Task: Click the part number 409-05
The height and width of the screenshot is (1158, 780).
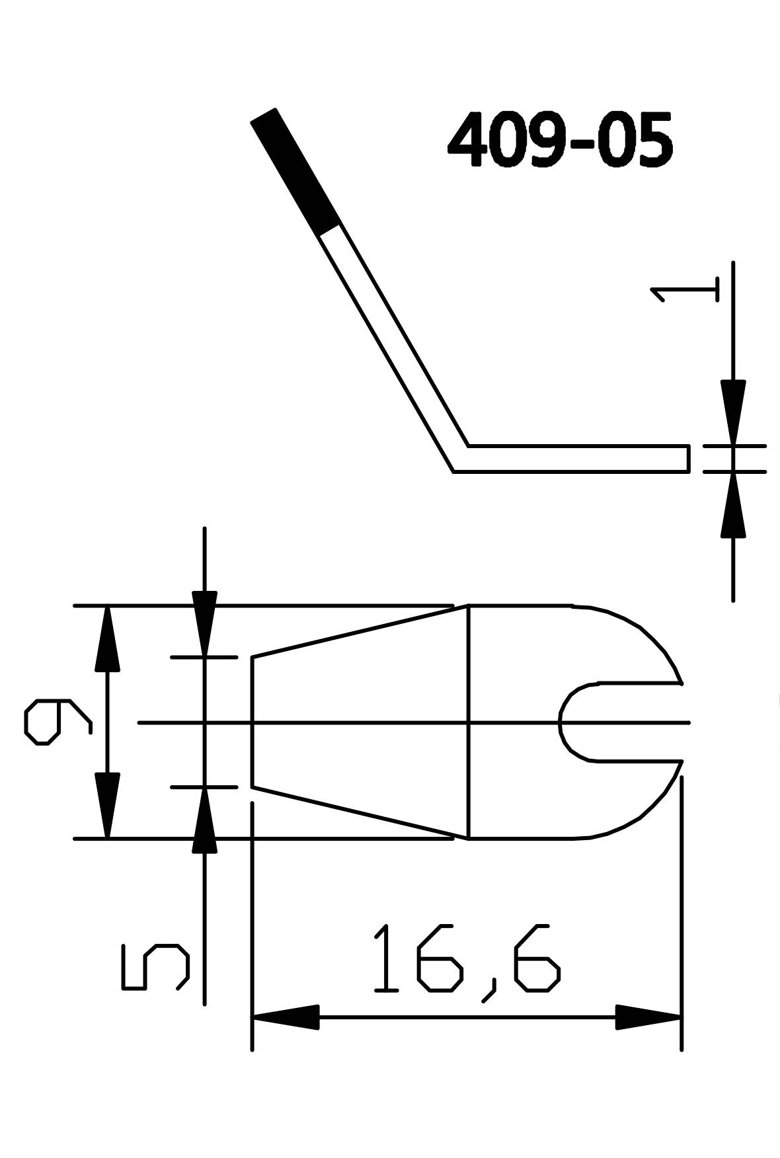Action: (561, 141)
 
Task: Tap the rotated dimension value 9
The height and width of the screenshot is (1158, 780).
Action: (57, 722)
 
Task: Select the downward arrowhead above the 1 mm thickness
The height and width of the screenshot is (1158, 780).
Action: (732, 410)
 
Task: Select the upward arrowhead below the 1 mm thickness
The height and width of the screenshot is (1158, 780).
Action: (732, 506)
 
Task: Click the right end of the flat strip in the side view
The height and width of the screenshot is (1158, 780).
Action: (687, 459)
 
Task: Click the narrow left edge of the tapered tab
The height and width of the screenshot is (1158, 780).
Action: (253, 722)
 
